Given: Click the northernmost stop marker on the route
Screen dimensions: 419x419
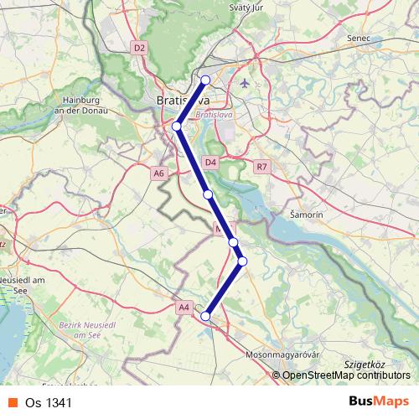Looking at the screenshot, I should (205, 80).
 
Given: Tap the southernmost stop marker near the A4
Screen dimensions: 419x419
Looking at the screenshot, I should (205, 316).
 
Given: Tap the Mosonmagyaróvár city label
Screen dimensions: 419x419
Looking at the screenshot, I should (284, 355).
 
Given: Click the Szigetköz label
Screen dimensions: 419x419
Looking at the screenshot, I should (364, 366).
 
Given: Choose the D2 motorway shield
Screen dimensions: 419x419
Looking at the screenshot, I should (139, 49).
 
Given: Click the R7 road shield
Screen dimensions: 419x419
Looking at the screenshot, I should (262, 167).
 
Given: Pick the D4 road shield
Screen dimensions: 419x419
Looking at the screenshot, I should (210, 162).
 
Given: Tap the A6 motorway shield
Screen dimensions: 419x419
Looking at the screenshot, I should (159, 173).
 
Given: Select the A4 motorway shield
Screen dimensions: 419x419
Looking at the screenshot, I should (184, 308).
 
